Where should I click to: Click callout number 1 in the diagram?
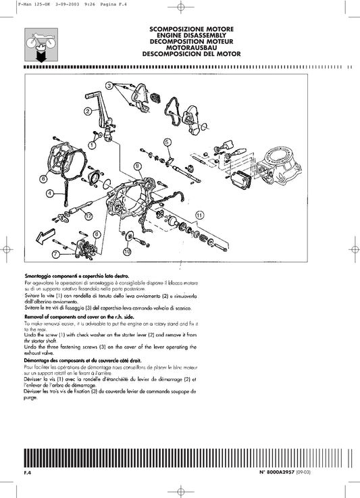[x=92, y=145]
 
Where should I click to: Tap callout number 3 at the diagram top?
[x=109, y=85]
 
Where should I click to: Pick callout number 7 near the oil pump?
[x=55, y=254]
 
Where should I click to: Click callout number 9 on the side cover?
[x=137, y=166]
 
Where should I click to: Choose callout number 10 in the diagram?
[x=126, y=251]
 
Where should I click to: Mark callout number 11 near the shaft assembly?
[x=199, y=214]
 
